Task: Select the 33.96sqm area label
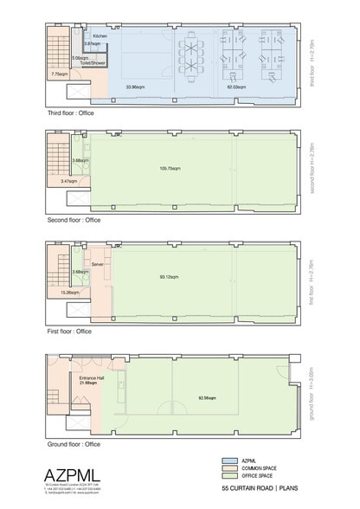tap(135, 87)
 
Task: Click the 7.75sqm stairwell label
tap(59, 74)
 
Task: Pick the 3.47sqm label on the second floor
tap(69, 182)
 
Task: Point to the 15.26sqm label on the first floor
tap(69, 293)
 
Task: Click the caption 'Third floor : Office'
tap(74, 113)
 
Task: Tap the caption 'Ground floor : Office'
tap(74, 444)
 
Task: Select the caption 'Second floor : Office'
tap(75, 221)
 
